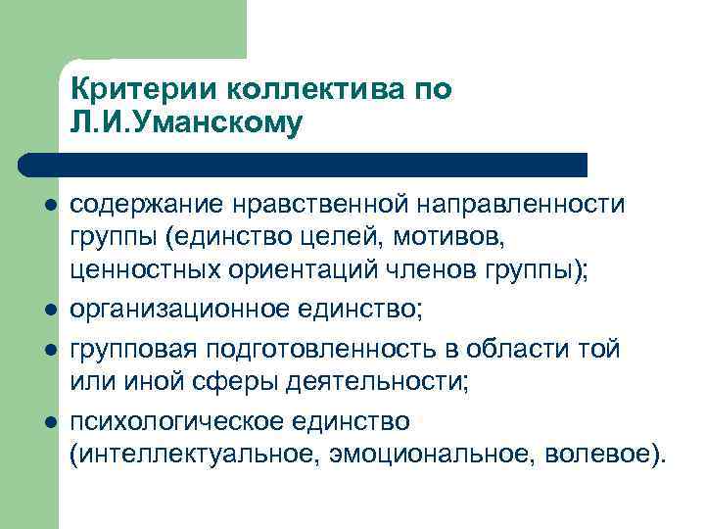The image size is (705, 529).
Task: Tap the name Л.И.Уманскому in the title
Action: (187, 124)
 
